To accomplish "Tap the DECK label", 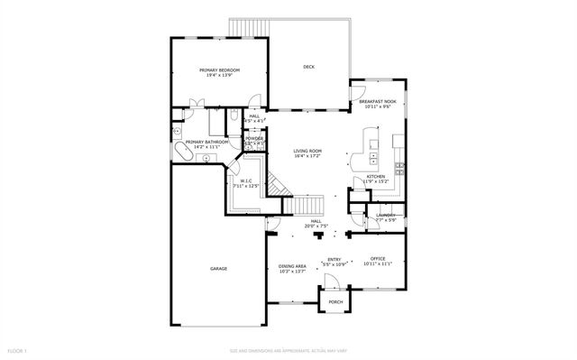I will (308, 67).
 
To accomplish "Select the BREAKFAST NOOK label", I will (378, 102).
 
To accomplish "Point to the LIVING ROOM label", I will (307, 152).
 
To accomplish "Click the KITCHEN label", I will (376, 176).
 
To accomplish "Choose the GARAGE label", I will (218, 269).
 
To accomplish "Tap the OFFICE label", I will (378, 258).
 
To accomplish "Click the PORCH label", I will (334, 301).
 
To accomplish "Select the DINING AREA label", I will (291, 266).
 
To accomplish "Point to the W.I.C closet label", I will (245, 180).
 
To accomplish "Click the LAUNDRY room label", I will (385, 216).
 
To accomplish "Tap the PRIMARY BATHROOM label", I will (206, 143).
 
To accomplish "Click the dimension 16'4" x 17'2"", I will (307, 157).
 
